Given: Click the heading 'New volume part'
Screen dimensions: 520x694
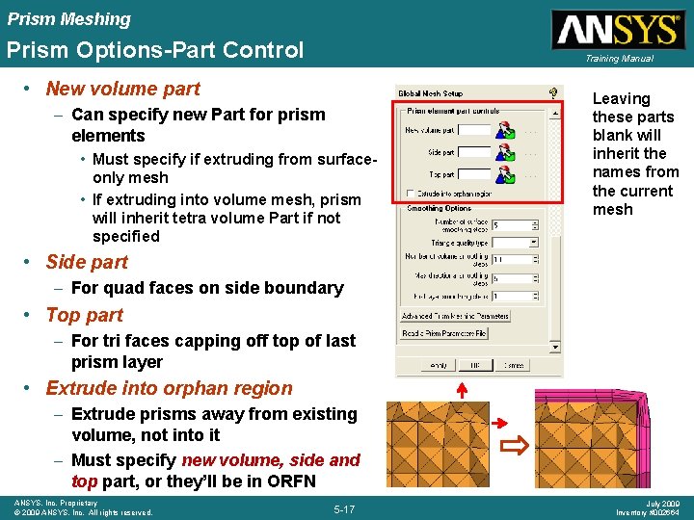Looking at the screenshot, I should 122,89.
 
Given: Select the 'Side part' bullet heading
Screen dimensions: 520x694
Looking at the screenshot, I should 87,262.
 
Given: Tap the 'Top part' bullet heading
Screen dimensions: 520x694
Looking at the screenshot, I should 84,315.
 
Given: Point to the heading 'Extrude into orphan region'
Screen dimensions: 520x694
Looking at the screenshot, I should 169,388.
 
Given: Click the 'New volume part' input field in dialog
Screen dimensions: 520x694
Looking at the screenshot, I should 474,130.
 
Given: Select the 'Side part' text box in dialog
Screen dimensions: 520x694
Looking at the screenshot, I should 474,152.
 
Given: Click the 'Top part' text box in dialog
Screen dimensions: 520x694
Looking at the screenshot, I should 474,174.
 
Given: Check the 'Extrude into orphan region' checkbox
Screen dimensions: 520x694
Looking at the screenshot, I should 411,193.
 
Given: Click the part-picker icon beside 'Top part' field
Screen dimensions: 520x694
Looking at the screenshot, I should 505,174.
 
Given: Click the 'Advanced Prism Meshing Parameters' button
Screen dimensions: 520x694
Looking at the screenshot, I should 455,316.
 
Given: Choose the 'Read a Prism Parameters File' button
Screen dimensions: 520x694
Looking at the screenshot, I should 444,333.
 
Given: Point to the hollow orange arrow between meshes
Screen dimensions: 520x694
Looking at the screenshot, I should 517,444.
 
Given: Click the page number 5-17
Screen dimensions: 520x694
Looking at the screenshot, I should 344,508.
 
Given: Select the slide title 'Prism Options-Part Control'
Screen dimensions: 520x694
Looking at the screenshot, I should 154,50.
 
